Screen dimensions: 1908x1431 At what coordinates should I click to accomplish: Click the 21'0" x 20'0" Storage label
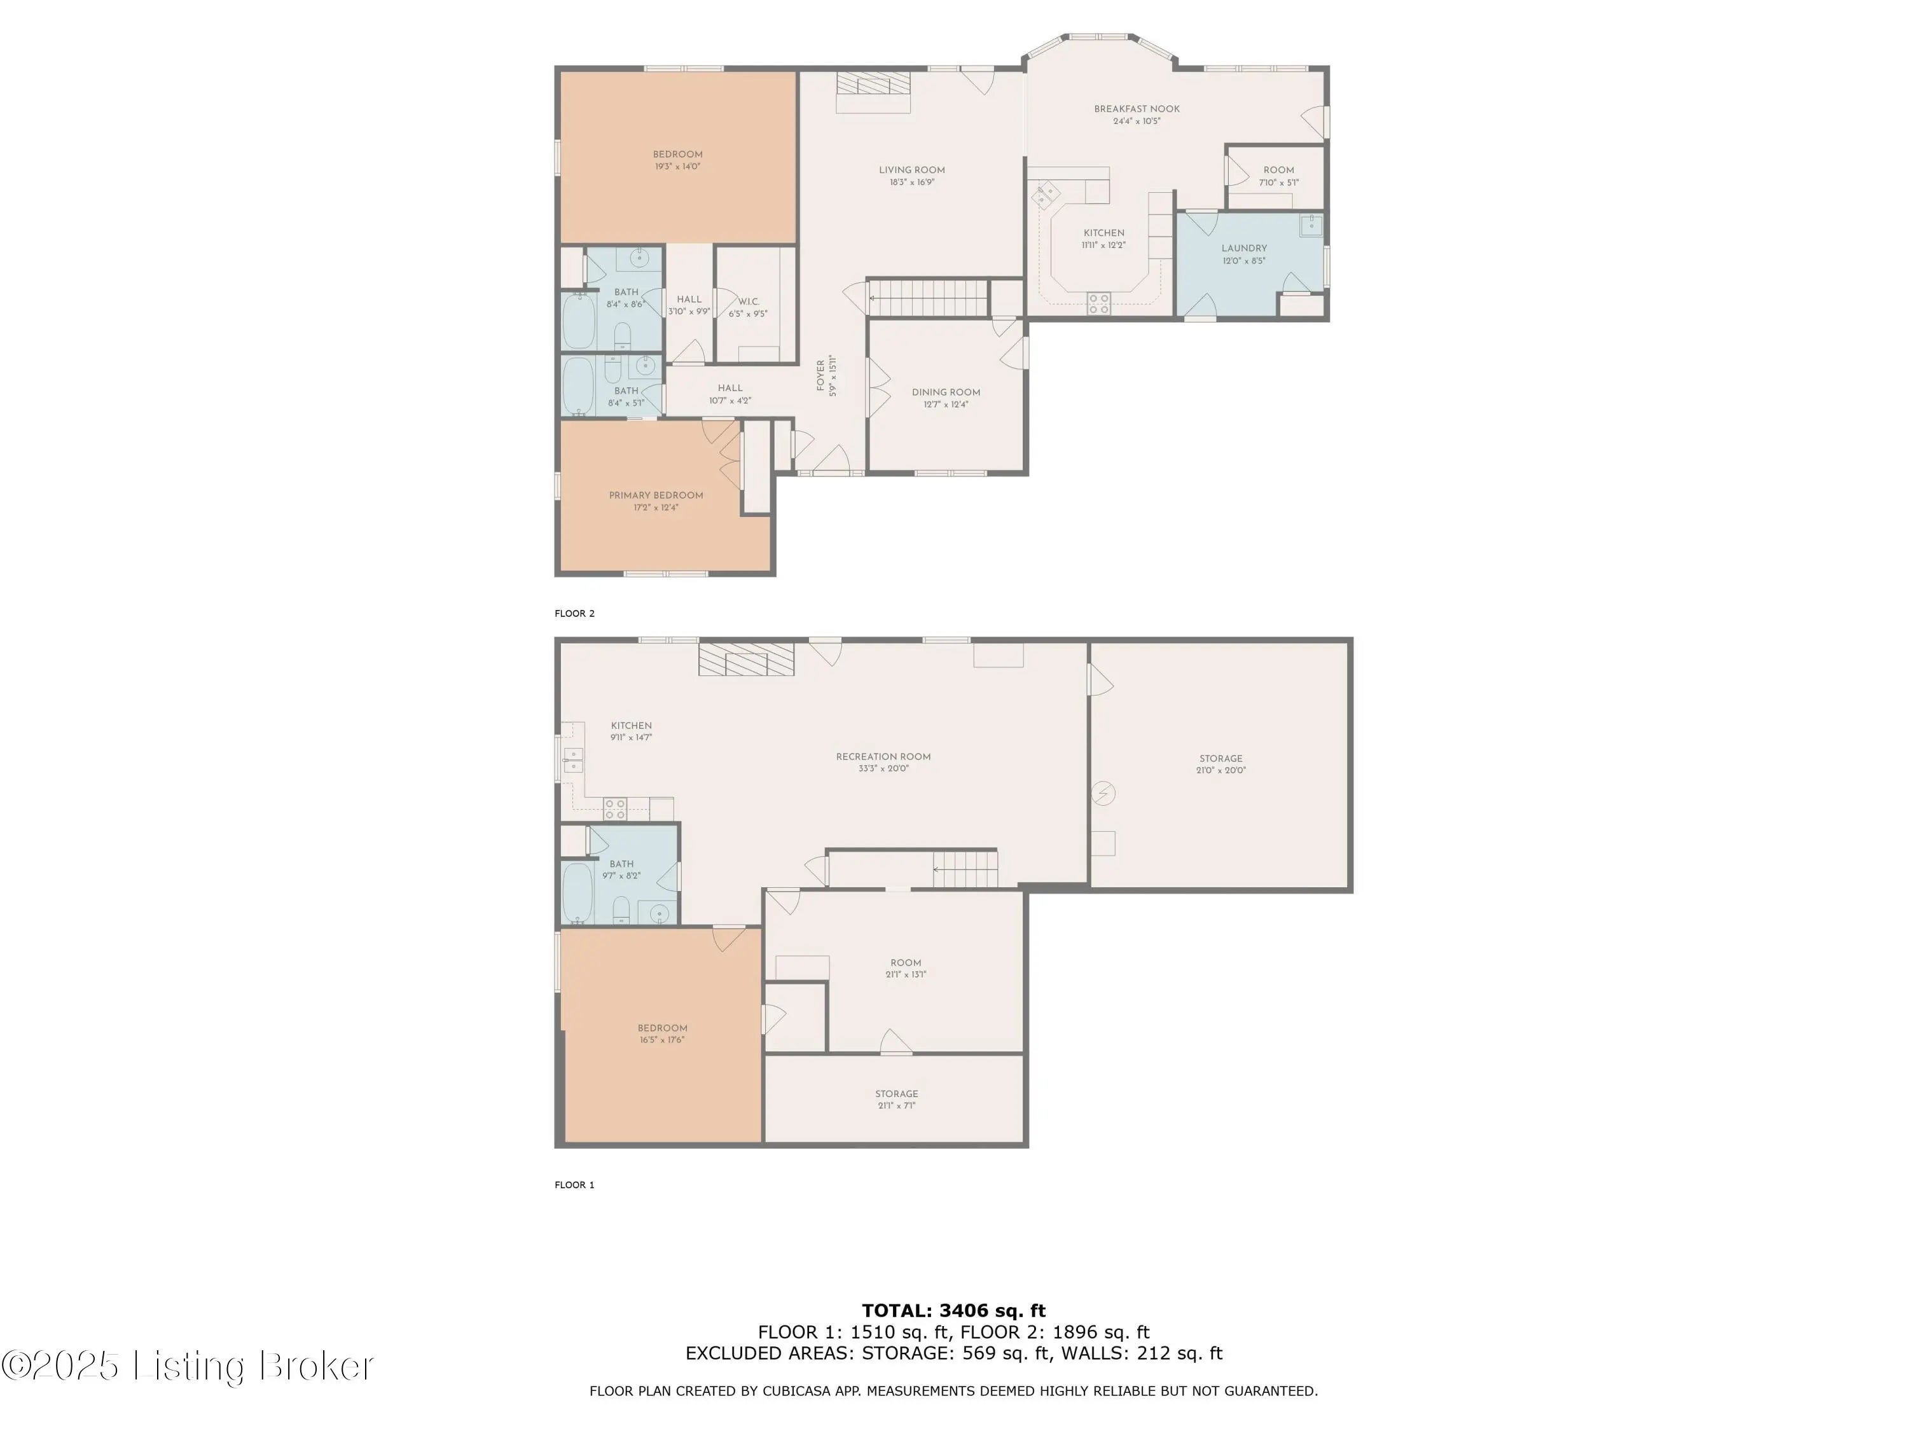click(x=1220, y=764)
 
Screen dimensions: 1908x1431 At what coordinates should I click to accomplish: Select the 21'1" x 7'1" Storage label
click(x=896, y=1099)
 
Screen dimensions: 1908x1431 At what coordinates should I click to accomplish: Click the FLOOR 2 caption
click(x=574, y=613)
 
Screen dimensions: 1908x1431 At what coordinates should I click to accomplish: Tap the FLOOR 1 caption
click(x=574, y=1184)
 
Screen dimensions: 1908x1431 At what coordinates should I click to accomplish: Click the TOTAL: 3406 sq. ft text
click(x=953, y=1311)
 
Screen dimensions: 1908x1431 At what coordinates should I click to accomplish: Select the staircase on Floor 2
click(x=928, y=298)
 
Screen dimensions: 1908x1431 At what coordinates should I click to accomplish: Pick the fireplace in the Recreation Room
click(x=746, y=659)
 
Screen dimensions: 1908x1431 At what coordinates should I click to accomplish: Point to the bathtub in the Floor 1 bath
click(x=578, y=893)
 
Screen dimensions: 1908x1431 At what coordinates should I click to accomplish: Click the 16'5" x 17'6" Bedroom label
click(x=663, y=1033)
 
